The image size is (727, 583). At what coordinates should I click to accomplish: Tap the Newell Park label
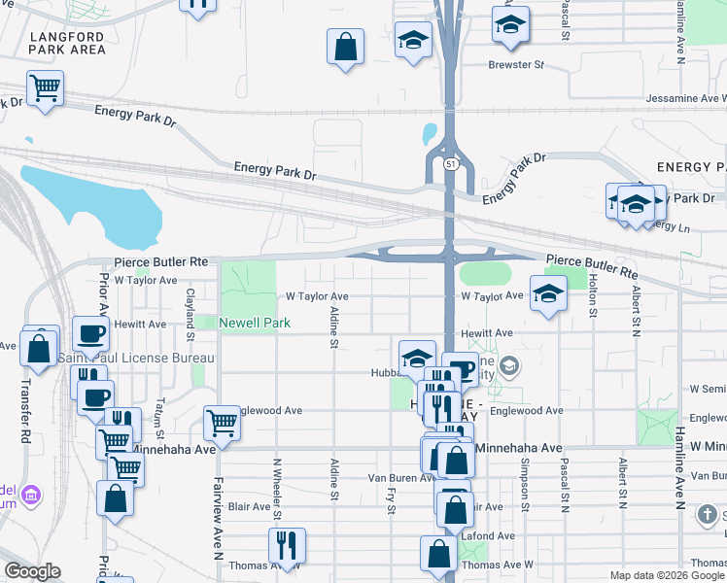pyautogui.click(x=255, y=323)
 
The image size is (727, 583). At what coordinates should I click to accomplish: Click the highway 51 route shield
pyautogui.click(x=451, y=165)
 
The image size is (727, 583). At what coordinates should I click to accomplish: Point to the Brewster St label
pyautogui.click(x=515, y=65)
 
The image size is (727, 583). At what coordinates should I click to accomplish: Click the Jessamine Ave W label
pyautogui.click(x=685, y=99)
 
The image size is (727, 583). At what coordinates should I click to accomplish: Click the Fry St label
pyautogui.click(x=389, y=500)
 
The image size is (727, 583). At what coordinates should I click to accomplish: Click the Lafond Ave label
pyautogui.click(x=493, y=535)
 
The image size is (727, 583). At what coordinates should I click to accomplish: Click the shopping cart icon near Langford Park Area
pyautogui.click(x=45, y=88)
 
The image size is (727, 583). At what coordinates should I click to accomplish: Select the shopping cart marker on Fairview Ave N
pyautogui.click(x=223, y=424)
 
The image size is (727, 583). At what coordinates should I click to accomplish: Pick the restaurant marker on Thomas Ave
pyautogui.click(x=287, y=545)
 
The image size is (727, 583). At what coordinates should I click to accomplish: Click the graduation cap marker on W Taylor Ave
pyautogui.click(x=548, y=293)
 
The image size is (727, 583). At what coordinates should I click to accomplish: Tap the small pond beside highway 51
pyautogui.click(x=430, y=133)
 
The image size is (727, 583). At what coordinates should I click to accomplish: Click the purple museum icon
pyautogui.click(x=32, y=496)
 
